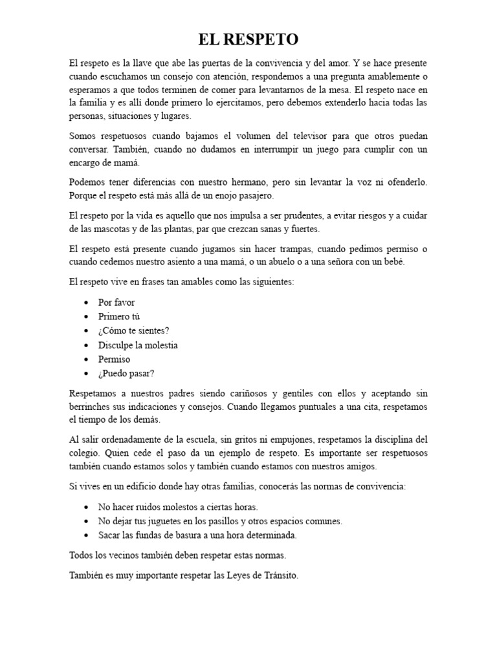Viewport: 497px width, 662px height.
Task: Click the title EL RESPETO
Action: click(x=248, y=40)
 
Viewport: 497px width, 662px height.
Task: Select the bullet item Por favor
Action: click(x=116, y=303)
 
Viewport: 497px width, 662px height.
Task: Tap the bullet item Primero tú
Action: click(x=118, y=317)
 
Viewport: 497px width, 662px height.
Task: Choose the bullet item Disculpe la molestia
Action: click(x=138, y=345)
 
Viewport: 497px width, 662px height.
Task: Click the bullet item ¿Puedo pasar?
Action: click(x=126, y=374)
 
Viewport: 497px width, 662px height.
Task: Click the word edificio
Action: click(x=154, y=486)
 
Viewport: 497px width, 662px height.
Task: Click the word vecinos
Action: click(x=120, y=555)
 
